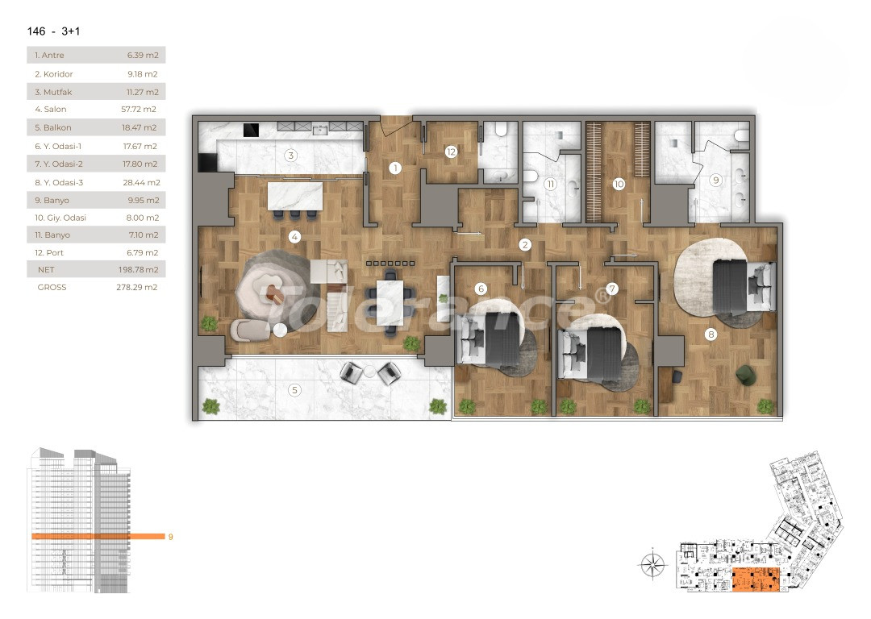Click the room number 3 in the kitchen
click(x=290, y=156)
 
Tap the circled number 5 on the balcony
click(x=294, y=391)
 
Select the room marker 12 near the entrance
click(x=451, y=152)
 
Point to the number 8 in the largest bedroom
click(x=711, y=334)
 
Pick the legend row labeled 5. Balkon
click(x=96, y=127)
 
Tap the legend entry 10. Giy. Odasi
click(x=96, y=217)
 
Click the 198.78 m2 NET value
click(x=139, y=270)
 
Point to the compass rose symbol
click(x=652, y=564)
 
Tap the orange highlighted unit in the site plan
click(x=756, y=580)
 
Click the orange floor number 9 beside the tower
click(x=170, y=537)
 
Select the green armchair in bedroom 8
click(x=745, y=374)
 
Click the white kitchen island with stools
click(x=295, y=196)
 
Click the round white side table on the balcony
click(x=369, y=372)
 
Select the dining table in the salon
click(x=390, y=301)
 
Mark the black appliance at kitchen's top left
click(x=251, y=129)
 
